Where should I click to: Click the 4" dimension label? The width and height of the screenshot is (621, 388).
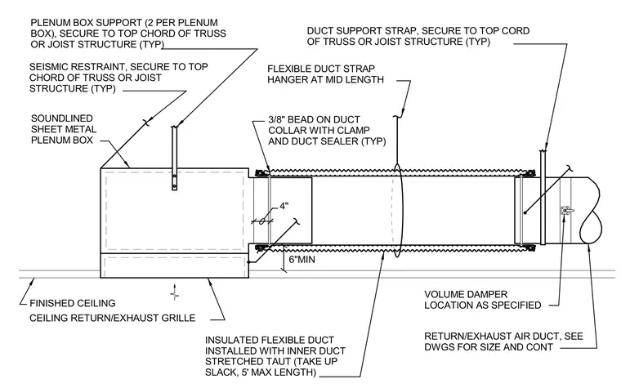284,207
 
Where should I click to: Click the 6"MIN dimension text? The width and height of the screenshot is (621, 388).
302,260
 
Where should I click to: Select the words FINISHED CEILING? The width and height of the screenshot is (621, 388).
73,303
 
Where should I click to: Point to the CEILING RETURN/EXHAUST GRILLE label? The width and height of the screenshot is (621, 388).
113,318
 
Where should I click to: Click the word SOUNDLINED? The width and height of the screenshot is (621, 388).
62,118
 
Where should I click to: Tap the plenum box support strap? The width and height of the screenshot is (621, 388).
174,158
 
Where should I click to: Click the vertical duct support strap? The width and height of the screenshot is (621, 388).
543,197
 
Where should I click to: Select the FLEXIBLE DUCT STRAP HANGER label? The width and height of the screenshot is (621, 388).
325,74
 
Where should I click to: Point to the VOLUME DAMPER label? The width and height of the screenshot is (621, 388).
466,294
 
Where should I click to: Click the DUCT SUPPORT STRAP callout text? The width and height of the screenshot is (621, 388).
362,31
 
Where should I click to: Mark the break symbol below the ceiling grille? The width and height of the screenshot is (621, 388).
175,292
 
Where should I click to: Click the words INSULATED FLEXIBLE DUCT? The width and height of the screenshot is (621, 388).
270,340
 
